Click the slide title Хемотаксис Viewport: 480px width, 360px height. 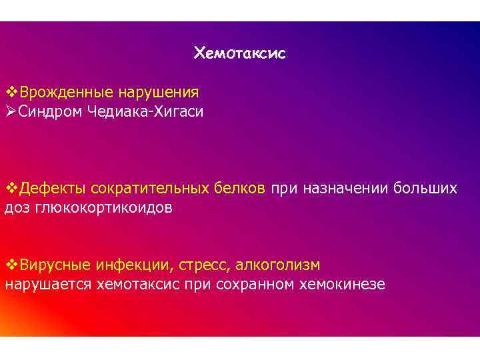[239, 53]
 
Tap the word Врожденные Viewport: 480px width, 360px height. [58, 91]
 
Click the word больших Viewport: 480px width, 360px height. [425, 189]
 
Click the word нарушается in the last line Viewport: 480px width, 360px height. [48, 285]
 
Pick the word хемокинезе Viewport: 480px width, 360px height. [349, 285]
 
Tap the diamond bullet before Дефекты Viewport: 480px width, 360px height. [11, 189]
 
